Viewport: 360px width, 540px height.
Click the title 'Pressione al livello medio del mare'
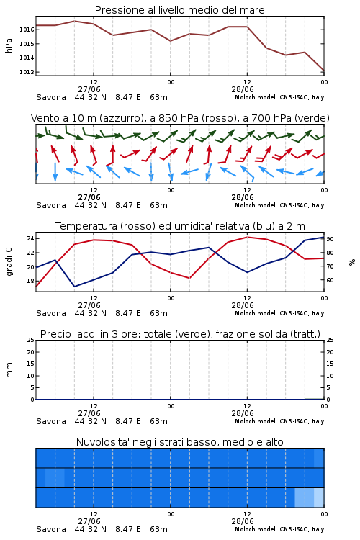pyautogui.click(x=179, y=10)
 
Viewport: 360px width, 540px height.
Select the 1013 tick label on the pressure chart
pyautogui.click(x=27, y=72)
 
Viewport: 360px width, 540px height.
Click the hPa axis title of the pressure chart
pyautogui.click(x=9, y=45)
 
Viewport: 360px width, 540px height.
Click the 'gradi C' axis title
pyautogui.click(x=9, y=262)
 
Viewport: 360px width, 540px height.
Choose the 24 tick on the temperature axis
pyautogui.click(x=30, y=238)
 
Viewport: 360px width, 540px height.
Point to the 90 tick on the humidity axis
pyautogui.click(x=330, y=239)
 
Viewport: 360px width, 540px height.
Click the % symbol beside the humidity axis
pyautogui.click(x=352, y=262)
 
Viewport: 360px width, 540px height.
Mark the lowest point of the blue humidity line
pyautogui.click(x=74, y=287)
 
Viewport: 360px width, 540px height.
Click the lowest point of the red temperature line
pyautogui.click(x=36, y=286)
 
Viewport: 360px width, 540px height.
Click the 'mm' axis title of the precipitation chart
pyautogui.click(x=9, y=370)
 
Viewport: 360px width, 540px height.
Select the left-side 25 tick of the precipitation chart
pyautogui.click(x=30, y=340)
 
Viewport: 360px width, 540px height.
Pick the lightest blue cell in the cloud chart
pyautogui.click(x=319, y=498)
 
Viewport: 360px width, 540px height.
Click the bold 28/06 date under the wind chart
pyautogui.click(x=243, y=198)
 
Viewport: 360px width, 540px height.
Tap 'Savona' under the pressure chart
pyautogui.click(x=51, y=97)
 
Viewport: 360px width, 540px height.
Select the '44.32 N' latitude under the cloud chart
pyautogui.click(x=91, y=529)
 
